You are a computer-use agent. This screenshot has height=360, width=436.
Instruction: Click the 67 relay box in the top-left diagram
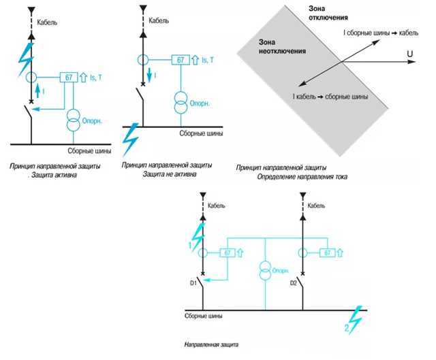69,77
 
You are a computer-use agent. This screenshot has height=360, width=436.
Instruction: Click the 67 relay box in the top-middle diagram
181,60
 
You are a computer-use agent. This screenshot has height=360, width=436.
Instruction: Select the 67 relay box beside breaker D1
228,252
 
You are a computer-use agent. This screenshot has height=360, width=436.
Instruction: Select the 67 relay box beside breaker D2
327,252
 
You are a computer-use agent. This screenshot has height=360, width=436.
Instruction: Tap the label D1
193,283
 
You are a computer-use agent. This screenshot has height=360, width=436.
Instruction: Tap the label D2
294,283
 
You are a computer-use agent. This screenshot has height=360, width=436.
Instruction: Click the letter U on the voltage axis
410,54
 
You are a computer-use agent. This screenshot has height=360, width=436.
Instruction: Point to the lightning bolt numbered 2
355,319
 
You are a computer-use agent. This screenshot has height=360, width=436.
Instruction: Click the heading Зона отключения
328,13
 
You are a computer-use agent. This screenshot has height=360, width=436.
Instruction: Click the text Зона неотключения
282,47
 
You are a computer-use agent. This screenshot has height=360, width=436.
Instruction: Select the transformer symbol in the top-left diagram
74,120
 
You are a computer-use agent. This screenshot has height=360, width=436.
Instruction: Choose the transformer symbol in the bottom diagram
265,269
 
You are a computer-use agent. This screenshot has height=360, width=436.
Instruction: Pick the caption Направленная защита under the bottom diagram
211,345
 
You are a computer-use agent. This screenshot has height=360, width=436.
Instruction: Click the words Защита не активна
170,174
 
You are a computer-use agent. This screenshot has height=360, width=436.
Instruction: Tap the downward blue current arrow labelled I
149,76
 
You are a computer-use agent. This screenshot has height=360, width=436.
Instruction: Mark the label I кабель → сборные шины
330,97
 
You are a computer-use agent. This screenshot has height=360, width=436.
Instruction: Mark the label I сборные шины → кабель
381,33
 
